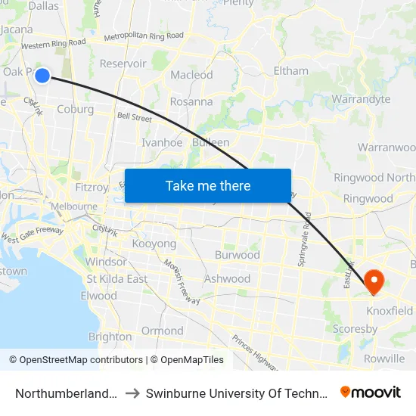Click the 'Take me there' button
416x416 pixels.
[x=208, y=186]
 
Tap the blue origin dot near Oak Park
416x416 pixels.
[x=42, y=75]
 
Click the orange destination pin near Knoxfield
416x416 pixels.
[x=374, y=281]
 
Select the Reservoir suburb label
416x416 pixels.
[x=123, y=64]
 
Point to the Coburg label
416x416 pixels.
[x=75, y=109]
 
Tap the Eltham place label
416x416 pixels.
[x=291, y=71]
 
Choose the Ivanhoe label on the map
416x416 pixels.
[x=162, y=142]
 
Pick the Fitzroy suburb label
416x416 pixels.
[x=92, y=187]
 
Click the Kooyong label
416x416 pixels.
[x=154, y=244]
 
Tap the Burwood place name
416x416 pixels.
[x=237, y=255]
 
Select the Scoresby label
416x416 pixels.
[x=355, y=329]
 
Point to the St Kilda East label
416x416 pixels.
[x=116, y=278]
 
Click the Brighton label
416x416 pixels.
[x=110, y=337]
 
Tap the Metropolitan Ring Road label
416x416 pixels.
[x=144, y=36]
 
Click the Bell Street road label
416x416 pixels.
[x=135, y=118]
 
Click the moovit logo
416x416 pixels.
[x=371, y=392]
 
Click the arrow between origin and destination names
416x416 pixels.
[x=132, y=393]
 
